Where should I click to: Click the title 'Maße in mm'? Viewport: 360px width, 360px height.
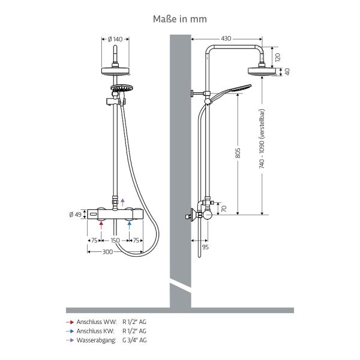[180, 19]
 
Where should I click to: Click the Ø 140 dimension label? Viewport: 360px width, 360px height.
[115, 39]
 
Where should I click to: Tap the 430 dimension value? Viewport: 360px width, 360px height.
[226, 38]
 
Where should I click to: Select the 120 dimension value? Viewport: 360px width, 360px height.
[278, 57]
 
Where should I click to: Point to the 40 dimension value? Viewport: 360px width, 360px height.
[287, 71]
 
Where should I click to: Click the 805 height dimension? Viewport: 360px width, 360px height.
[238, 153]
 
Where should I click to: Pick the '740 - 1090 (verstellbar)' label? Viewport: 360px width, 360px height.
[262, 139]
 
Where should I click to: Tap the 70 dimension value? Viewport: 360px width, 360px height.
[224, 208]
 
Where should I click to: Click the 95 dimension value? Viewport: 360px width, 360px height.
[205, 247]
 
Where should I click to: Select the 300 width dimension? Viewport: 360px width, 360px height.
[107, 252]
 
